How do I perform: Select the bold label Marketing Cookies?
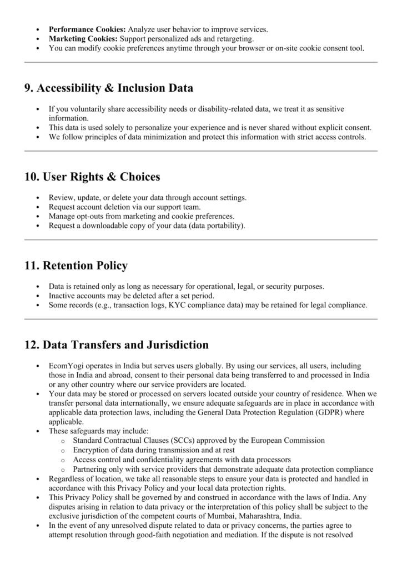pyautogui.click(x=83, y=38)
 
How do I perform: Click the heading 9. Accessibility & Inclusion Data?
pyautogui.click(x=109, y=88)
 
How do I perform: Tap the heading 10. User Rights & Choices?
pyautogui.click(x=92, y=177)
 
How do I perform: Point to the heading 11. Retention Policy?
pyautogui.click(x=76, y=266)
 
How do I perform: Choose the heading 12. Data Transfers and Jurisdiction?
pyautogui.click(x=117, y=345)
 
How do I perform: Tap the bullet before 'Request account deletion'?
pyautogui.click(x=37, y=207)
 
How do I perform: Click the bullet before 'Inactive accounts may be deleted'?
pyautogui.click(x=37, y=296)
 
